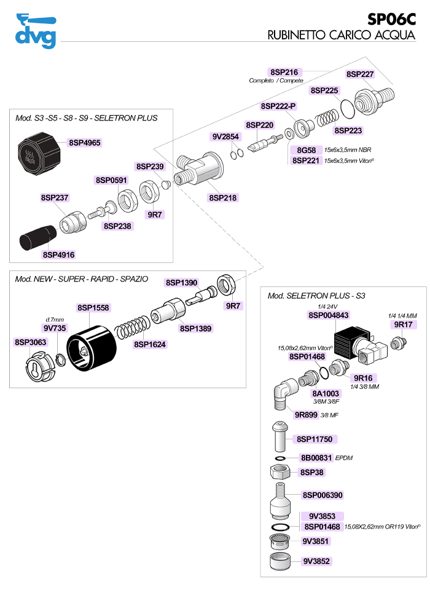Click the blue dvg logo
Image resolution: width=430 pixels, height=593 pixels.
(36, 31)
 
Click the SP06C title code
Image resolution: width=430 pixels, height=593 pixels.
(391, 19)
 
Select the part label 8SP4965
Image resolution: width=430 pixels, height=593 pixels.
(85, 143)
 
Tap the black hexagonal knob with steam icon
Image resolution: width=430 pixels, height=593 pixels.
(39, 154)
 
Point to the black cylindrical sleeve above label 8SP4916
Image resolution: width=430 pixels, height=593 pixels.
(38, 237)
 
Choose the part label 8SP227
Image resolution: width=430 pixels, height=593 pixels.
(360, 74)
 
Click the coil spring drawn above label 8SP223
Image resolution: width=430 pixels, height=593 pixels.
(327, 117)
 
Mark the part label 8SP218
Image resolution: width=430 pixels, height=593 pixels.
(223, 197)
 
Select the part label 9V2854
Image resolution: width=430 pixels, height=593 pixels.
(225, 136)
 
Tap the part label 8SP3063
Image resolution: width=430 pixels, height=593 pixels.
(30, 342)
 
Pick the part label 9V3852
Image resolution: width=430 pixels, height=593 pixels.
(316, 561)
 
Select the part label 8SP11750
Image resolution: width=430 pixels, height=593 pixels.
(315, 439)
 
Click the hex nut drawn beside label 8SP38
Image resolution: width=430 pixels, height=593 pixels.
(280, 471)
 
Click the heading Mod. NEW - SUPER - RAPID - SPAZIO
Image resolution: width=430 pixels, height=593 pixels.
(81, 279)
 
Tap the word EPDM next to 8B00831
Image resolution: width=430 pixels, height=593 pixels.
(344, 458)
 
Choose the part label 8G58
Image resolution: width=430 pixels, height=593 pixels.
(306, 150)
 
